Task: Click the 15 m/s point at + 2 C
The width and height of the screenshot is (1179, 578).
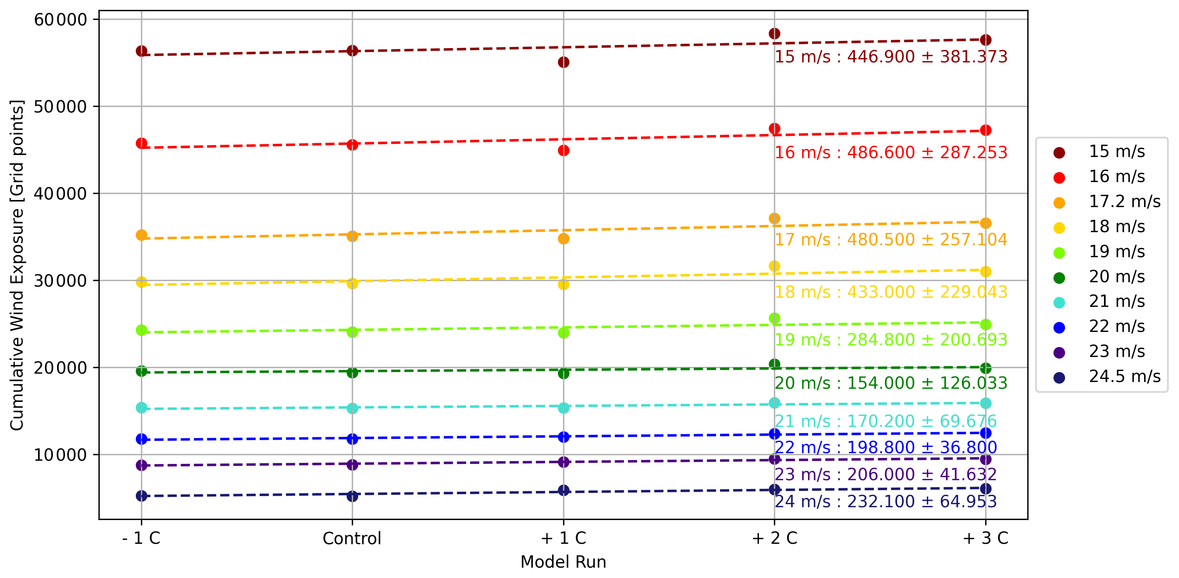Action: [x=774, y=33]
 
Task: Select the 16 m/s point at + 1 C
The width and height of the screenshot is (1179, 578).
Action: [x=563, y=151]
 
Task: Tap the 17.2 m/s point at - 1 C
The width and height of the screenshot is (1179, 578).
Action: [x=141, y=235]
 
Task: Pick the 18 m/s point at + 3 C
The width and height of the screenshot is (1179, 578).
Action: [x=985, y=272]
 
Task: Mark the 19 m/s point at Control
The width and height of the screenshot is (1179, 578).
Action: [x=352, y=332]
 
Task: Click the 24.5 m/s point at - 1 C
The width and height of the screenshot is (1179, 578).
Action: [x=141, y=496]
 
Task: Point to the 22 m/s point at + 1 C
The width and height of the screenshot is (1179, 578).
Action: [x=563, y=437]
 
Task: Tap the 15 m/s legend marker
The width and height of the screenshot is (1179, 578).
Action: [x=1059, y=153]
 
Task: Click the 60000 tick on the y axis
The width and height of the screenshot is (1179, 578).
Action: [x=60, y=20]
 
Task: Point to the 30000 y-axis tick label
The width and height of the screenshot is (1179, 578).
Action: [x=60, y=281]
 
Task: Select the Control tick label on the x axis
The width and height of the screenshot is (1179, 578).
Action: [x=351, y=538]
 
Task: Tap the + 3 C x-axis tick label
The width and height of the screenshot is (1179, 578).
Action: [x=985, y=538]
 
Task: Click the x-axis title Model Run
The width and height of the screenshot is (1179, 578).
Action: [x=563, y=562]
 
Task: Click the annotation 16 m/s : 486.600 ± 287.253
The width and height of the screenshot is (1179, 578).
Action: [x=891, y=153]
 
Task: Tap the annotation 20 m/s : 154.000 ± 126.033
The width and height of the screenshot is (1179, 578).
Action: [x=891, y=383]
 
